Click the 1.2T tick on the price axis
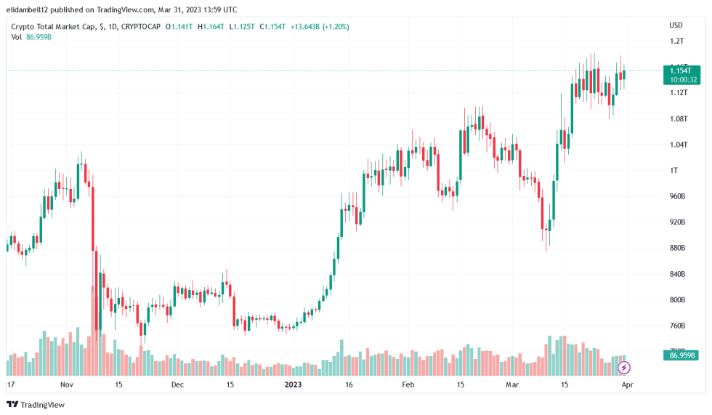(676, 41)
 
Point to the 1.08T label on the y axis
(678, 118)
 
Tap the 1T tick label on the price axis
(673, 170)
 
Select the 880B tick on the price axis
(678, 248)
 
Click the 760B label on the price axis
(678, 326)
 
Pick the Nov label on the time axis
(67, 384)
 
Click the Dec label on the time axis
(178, 384)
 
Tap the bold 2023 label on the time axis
(293, 384)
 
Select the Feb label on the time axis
(408, 384)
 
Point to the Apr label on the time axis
(626, 384)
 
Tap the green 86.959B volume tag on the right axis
(681, 355)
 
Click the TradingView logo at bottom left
(36, 404)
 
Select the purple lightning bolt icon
(623, 368)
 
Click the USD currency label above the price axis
(676, 25)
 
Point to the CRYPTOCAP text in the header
(142, 26)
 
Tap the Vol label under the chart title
(16, 37)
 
